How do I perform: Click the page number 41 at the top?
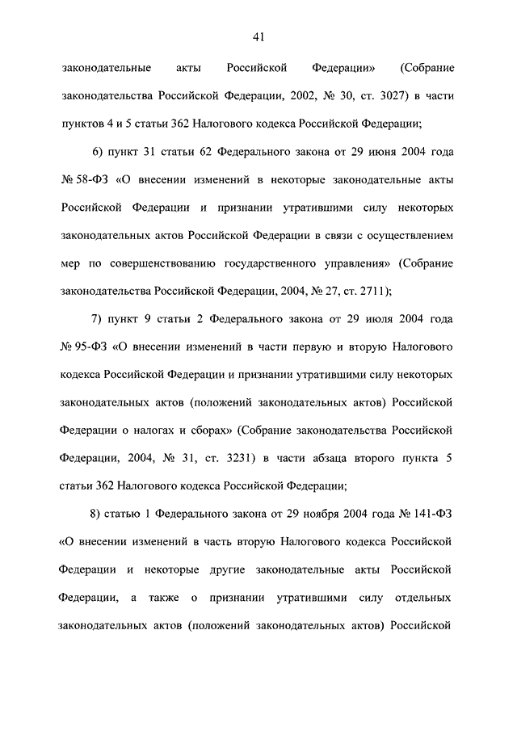[258, 36]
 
